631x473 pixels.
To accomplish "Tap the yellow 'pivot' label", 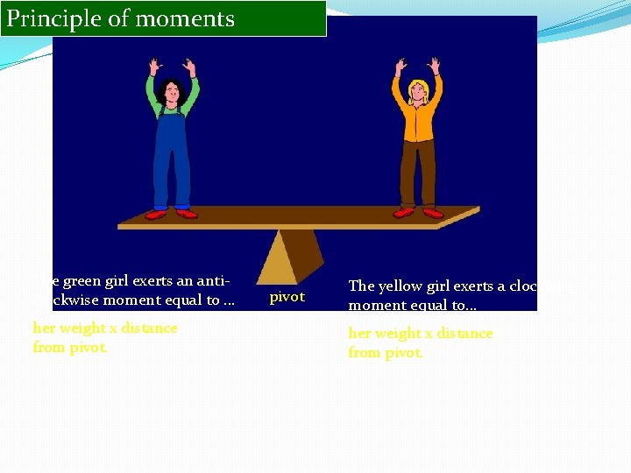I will (x=287, y=297).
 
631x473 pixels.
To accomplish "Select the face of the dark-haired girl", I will (x=172, y=90).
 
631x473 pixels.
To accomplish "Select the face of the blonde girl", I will (x=417, y=91).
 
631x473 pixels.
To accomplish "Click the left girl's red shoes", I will (x=171, y=213).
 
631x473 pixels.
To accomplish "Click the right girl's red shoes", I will (x=418, y=212).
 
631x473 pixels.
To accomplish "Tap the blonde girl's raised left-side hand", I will (x=401, y=67).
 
